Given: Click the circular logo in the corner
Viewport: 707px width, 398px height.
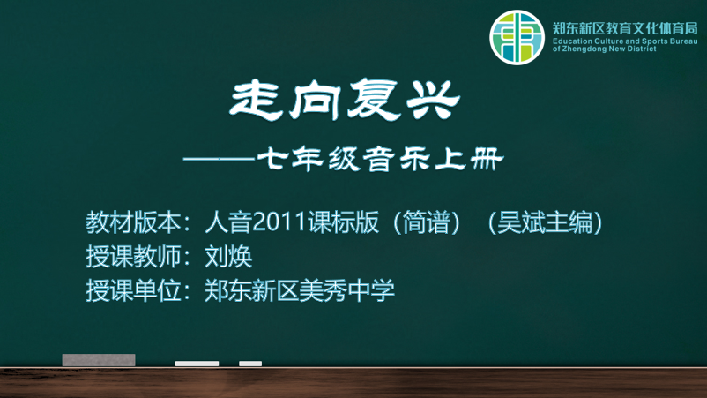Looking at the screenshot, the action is coord(517,37).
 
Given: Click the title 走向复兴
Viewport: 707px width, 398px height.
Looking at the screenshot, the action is coord(345,100).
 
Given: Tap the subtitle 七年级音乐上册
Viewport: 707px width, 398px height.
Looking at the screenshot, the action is coord(380,160).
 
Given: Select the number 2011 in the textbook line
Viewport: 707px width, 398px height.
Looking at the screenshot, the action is coord(279,222).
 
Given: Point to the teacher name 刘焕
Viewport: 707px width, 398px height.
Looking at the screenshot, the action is coord(228,256).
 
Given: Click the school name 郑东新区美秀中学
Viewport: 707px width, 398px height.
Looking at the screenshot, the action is coord(300,290).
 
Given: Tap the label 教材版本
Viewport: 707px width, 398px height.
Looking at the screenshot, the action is coord(133,222).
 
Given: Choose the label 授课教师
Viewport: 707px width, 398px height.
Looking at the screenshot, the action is coord(133,256).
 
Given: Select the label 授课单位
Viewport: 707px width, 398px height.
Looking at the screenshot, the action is coord(133,290).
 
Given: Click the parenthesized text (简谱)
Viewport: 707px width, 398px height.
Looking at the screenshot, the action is coord(426,222).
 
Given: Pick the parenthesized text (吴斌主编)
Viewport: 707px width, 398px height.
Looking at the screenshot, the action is coord(545,222).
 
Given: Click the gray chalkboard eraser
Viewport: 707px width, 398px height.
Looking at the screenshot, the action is coord(99,360).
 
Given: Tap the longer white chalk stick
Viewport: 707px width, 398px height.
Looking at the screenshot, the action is coord(197,364).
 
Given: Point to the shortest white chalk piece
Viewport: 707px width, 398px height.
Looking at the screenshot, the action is coord(250,364).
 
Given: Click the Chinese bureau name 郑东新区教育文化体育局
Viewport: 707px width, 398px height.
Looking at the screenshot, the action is coord(625,28).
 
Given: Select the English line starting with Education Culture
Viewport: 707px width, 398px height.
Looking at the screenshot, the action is coord(625,41).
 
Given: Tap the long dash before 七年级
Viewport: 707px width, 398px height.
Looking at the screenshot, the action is coord(220,159).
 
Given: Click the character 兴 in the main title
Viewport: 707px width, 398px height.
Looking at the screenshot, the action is coord(433,100).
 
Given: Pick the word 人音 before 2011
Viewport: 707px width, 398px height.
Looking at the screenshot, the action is coord(228,222).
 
